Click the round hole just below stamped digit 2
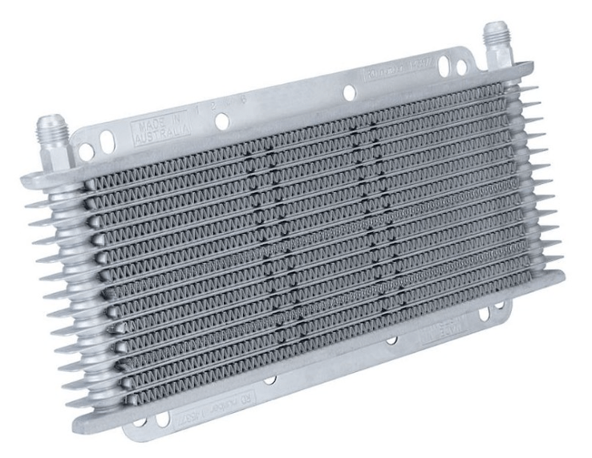[222, 121]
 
